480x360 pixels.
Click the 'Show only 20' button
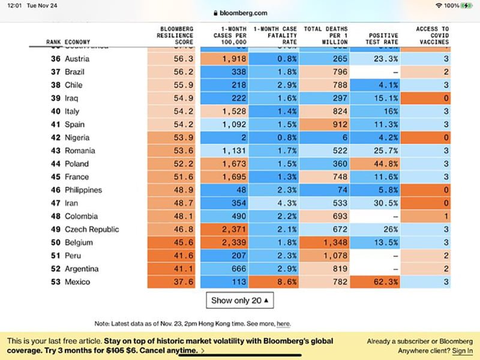(x=240, y=300)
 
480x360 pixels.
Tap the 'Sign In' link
(x=462, y=350)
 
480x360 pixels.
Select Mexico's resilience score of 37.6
(x=184, y=282)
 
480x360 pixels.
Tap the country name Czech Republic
(x=92, y=229)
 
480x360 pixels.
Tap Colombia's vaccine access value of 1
(x=446, y=216)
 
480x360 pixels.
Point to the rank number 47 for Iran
(x=56, y=203)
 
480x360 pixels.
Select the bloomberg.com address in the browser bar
(x=240, y=13)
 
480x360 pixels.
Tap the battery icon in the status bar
(x=467, y=5)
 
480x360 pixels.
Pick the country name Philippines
(x=83, y=190)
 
